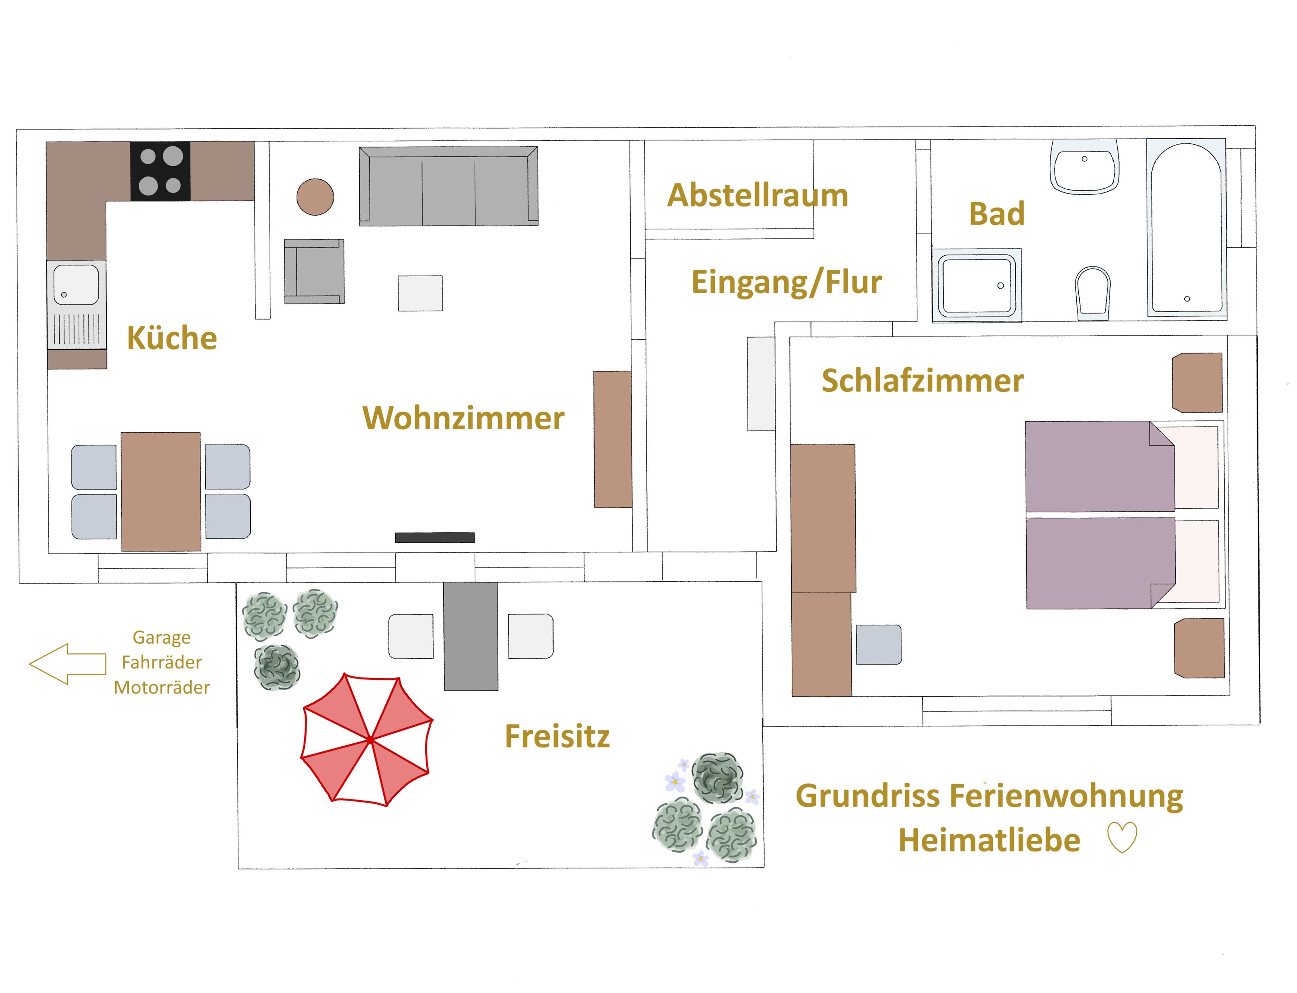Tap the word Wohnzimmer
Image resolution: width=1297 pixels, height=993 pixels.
(x=463, y=418)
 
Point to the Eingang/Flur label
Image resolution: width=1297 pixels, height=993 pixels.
(x=786, y=282)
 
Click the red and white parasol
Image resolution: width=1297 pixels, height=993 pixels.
(x=367, y=740)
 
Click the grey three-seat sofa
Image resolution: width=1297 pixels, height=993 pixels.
(x=448, y=186)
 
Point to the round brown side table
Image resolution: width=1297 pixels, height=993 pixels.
(x=315, y=197)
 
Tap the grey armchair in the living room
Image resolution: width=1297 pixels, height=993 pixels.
(x=314, y=271)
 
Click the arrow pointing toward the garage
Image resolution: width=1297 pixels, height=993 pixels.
(x=67, y=664)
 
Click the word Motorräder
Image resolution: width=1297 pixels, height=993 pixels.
(x=161, y=688)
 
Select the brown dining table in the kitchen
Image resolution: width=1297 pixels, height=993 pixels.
(x=161, y=491)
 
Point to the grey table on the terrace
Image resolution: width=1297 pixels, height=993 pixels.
(x=471, y=636)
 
